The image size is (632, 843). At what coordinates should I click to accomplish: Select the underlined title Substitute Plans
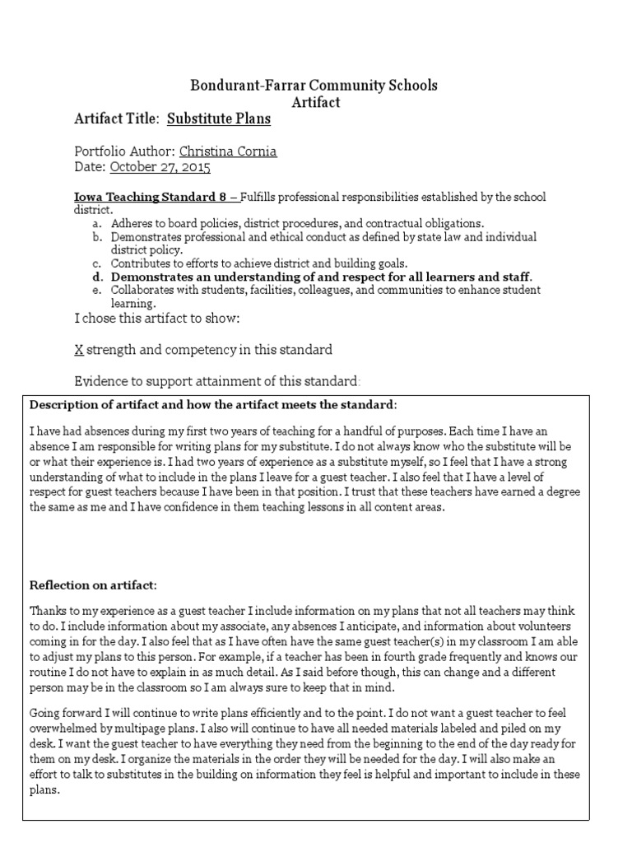(x=219, y=119)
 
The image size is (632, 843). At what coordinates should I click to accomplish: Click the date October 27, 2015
(x=160, y=167)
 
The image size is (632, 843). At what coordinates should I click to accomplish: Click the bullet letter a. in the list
(x=97, y=223)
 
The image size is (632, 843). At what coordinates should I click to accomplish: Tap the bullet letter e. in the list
(x=97, y=290)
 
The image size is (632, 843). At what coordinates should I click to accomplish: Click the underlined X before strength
(x=79, y=350)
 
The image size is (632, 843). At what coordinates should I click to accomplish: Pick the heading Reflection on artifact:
(x=92, y=585)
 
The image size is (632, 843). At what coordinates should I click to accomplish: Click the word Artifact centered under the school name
(x=316, y=102)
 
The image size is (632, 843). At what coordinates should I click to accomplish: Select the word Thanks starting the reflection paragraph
(x=49, y=612)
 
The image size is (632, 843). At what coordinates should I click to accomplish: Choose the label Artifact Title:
(x=116, y=119)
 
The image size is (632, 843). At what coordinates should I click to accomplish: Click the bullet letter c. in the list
(x=97, y=263)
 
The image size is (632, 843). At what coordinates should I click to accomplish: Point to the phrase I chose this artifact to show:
(x=157, y=319)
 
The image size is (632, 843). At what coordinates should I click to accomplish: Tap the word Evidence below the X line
(x=100, y=381)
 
